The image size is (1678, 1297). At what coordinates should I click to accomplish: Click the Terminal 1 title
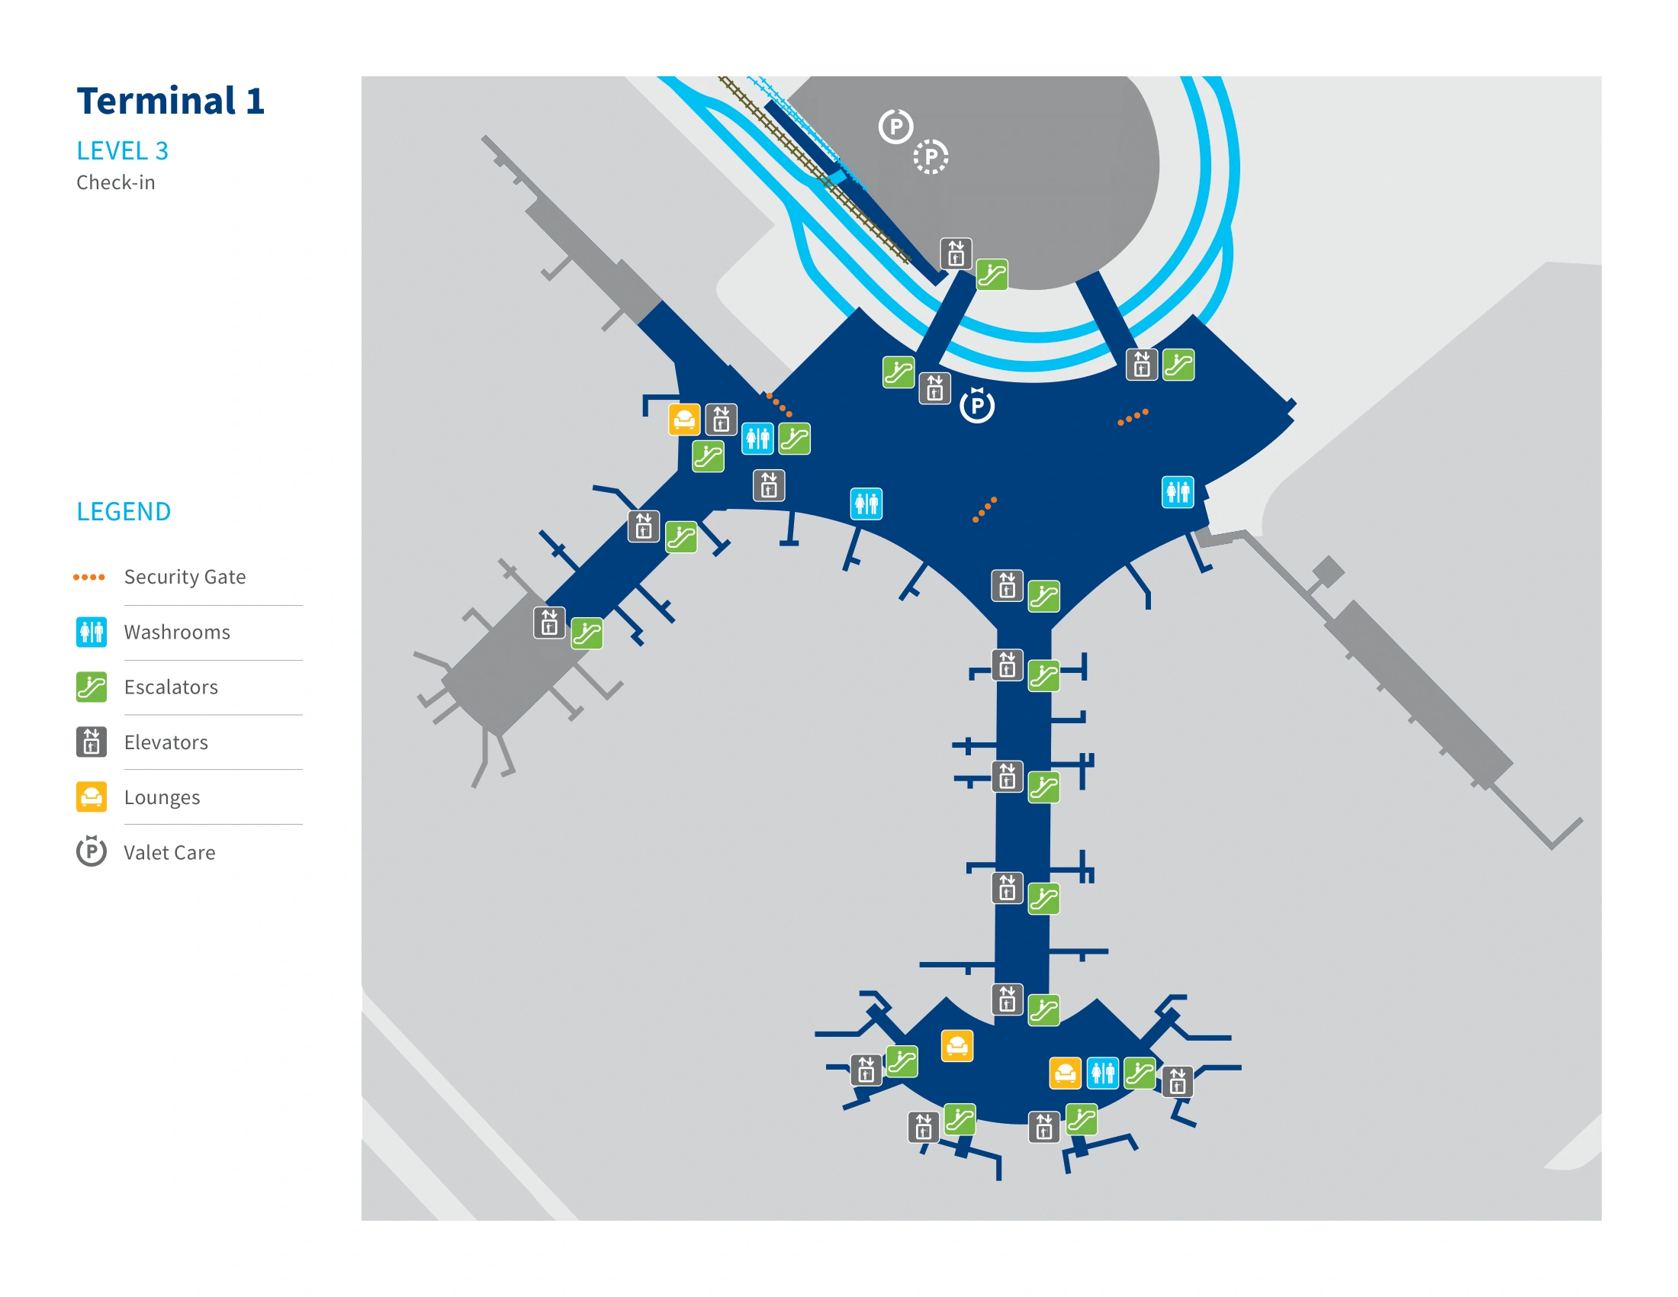170,101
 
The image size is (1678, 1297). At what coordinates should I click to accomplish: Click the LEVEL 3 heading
122,150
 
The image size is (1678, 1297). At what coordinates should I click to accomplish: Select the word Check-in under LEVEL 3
115,182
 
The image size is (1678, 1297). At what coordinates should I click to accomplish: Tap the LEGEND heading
123,511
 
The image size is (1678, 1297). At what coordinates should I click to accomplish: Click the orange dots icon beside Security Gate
88,576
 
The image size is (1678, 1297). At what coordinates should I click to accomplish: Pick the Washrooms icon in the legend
91,632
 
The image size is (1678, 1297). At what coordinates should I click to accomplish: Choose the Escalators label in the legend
171,687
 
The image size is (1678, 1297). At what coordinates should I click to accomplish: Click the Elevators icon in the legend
91,742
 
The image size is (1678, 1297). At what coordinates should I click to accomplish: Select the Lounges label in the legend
162,797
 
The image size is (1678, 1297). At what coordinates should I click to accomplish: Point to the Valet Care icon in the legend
91,851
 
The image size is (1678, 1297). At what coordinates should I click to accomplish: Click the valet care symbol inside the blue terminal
976,405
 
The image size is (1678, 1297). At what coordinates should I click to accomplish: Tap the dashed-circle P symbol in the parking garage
931,156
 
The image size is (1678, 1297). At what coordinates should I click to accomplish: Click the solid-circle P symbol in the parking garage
895,127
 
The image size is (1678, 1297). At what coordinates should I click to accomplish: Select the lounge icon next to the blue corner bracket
684,420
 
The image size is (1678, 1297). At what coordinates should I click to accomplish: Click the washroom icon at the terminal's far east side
1177,492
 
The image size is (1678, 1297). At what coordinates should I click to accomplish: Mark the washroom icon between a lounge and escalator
1103,1073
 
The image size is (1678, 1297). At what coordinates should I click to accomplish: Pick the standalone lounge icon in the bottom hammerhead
956,1046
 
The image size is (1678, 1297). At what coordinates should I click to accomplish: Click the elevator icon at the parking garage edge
955,253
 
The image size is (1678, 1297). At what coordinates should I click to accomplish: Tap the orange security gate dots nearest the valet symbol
984,510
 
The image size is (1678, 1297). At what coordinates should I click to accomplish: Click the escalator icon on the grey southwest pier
587,634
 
